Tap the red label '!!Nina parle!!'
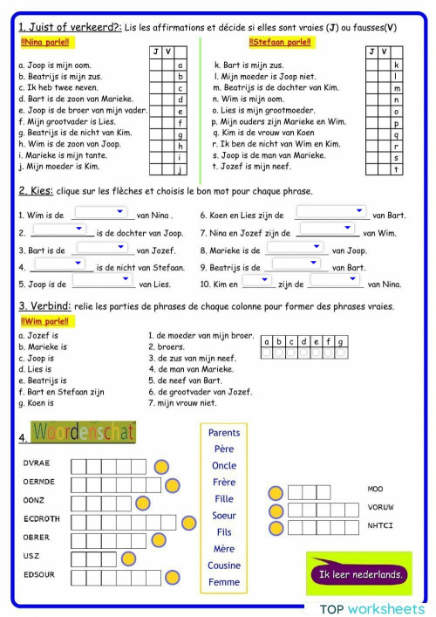[44, 42]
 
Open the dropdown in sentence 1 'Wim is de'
[101, 212]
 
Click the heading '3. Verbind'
[46, 306]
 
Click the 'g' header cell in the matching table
[340, 342]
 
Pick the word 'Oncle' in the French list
[224, 465]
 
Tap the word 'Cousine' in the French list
[224, 565]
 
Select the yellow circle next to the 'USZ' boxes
[129, 559]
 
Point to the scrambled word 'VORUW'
[380, 507]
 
